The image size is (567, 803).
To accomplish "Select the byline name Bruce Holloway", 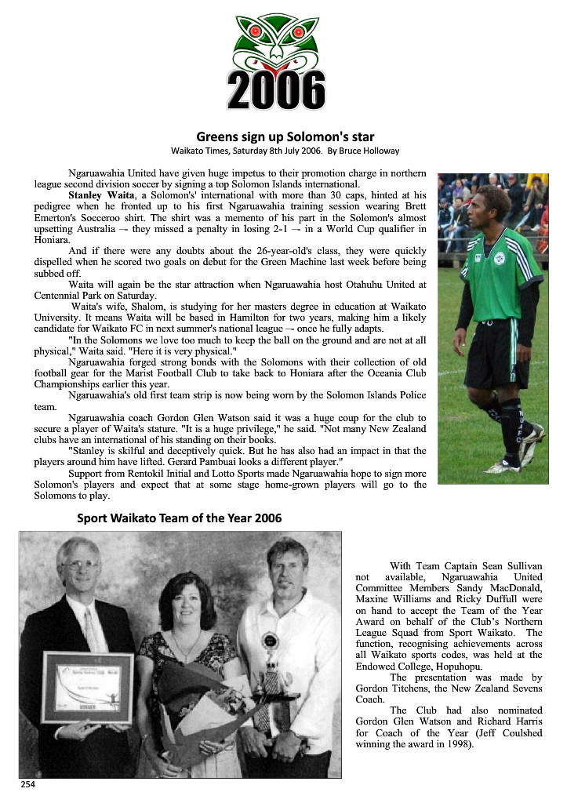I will click(370, 151).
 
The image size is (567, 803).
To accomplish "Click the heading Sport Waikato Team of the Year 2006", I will click(179, 518).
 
